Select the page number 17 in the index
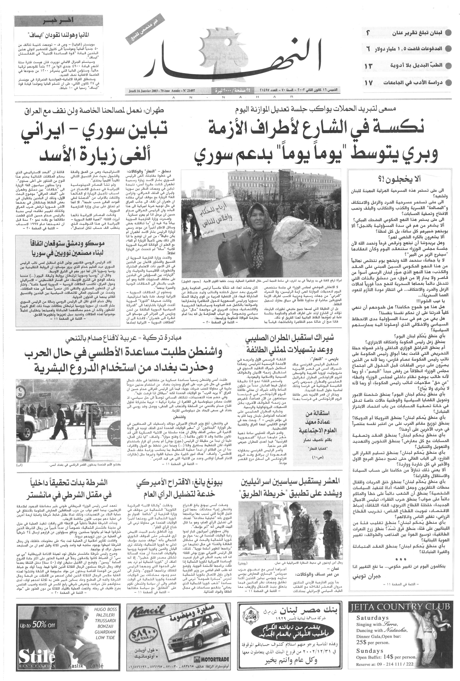pos(369,82)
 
